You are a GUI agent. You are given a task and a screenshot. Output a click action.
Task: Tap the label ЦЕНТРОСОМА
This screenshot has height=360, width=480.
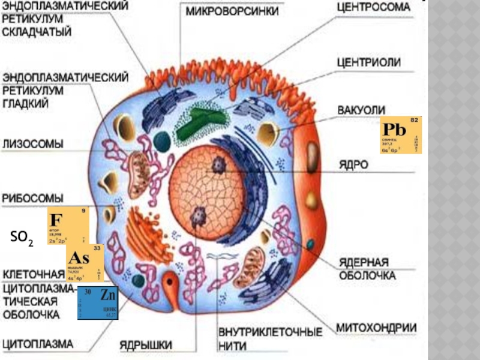[x=373, y=8]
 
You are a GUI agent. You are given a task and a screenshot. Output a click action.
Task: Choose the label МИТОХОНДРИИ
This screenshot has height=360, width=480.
[x=376, y=328]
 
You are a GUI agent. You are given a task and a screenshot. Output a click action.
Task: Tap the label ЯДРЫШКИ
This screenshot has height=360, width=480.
[x=146, y=345]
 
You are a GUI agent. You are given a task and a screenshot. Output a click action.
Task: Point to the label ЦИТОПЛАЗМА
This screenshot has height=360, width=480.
[x=38, y=344]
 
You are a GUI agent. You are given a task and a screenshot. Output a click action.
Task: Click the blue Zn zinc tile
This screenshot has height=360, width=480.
[x=98, y=303]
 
